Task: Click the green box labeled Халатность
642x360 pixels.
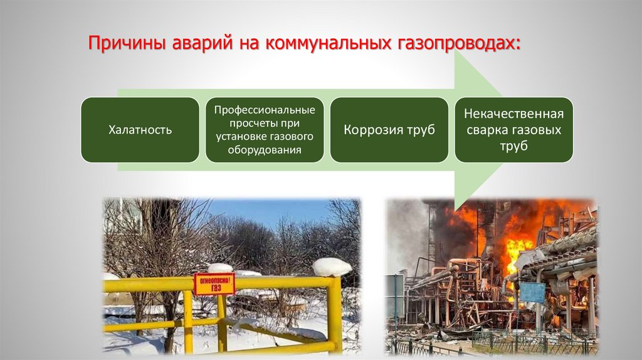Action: pos(140,130)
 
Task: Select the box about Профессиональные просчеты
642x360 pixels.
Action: pos(265,130)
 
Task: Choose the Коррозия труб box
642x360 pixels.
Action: pos(389,130)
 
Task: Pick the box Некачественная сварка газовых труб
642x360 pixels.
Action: pos(513,130)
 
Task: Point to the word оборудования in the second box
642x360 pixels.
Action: pos(265,151)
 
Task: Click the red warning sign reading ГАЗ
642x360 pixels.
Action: pos(214,283)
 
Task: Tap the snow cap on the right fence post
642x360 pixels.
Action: pos(332,267)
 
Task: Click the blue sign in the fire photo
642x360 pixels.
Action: pos(532,292)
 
